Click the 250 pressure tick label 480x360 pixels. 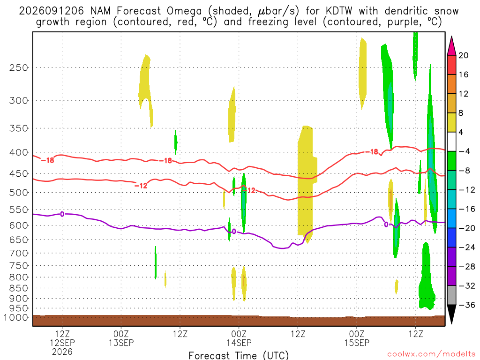click(x=18, y=67)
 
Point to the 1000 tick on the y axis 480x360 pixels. click(x=16, y=317)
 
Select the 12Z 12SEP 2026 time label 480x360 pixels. click(x=62, y=343)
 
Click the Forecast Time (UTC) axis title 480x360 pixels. click(x=239, y=355)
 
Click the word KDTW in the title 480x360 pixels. click(x=339, y=11)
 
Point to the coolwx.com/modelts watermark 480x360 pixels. click(x=431, y=354)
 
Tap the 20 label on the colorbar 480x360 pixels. click(x=463, y=55)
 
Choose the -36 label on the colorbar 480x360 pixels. click(x=467, y=305)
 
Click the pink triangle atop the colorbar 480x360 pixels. click(x=451, y=46)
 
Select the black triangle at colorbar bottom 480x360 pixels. click(x=451, y=313)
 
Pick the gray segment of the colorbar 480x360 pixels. click(x=451, y=295)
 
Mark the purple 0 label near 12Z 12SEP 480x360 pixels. click(x=62, y=214)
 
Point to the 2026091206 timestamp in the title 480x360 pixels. click(x=51, y=11)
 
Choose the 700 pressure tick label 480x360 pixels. click(x=18, y=254)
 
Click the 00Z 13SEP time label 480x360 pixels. click(x=121, y=338)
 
